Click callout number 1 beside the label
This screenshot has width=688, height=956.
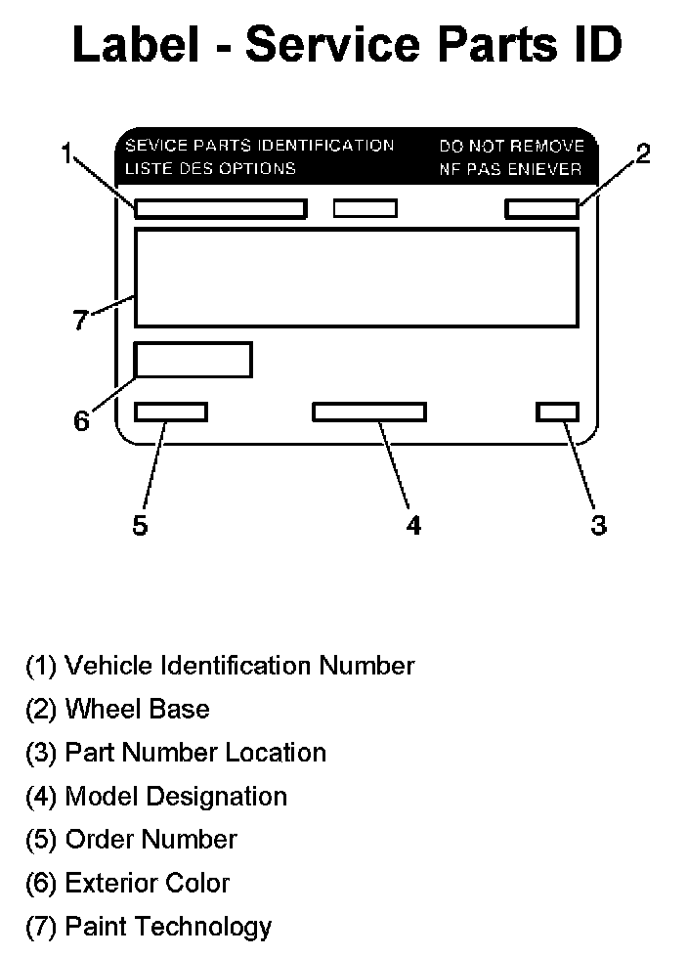(x=66, y=153)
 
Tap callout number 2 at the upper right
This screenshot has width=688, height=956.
(x=642, y=153)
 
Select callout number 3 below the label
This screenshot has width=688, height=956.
(x=598, y=525)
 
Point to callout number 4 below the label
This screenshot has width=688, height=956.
(x=413, y=525)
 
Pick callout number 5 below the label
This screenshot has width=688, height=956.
(x=141, y=525)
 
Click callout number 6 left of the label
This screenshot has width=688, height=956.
(x=82, y=421)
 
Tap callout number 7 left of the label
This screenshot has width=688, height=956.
(x=82, y=320)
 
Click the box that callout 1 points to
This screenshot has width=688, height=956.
(x=221, y=209)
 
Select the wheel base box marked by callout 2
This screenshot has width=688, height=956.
(x=541, y=208)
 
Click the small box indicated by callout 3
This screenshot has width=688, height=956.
(x=557, y=412)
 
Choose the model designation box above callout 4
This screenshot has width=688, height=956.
(x=369, y=412)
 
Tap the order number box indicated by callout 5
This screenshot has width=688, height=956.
(x=171, y=412)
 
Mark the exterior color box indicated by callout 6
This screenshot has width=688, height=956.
(x=193, y=360)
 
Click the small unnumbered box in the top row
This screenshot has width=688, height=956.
(x=365, y=208)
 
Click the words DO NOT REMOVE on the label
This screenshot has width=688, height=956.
(x=511, y=147)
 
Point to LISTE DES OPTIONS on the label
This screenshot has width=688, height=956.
(x=209, y=168)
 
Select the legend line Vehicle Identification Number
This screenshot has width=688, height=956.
(x=220, y=666)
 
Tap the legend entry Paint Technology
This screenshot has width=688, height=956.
(x=149, y=926)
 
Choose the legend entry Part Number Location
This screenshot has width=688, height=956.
(x=176, y=753)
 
